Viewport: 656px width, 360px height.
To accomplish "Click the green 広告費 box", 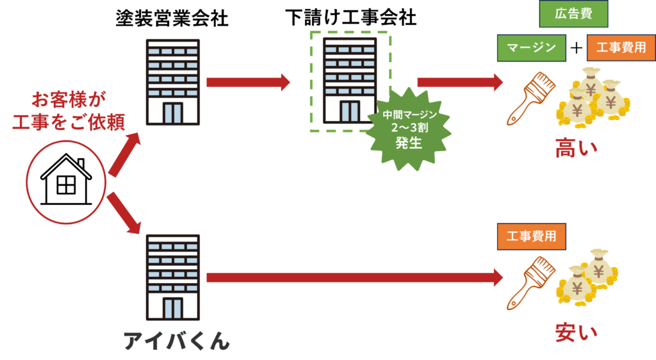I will point(573,14).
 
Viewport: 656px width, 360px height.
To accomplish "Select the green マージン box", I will point(531,48).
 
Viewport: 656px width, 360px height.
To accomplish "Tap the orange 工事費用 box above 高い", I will point(621,48).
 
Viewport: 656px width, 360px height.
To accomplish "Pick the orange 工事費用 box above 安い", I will point(531,236).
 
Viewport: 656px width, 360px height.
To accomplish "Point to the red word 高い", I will point(576,148).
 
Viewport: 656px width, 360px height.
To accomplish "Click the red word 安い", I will point(576,332).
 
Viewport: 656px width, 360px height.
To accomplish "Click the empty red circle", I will point(66,183).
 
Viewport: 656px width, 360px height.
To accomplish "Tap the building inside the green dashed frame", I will point(349,80).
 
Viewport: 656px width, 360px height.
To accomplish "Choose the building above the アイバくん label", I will point(172,277).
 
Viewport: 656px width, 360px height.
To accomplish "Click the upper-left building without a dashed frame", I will point(172,81).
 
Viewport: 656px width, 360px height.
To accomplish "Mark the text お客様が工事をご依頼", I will point(69,111).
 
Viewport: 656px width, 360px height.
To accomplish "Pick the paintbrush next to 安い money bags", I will point(529,282).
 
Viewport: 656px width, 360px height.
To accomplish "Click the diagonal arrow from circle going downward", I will point(125,214).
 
